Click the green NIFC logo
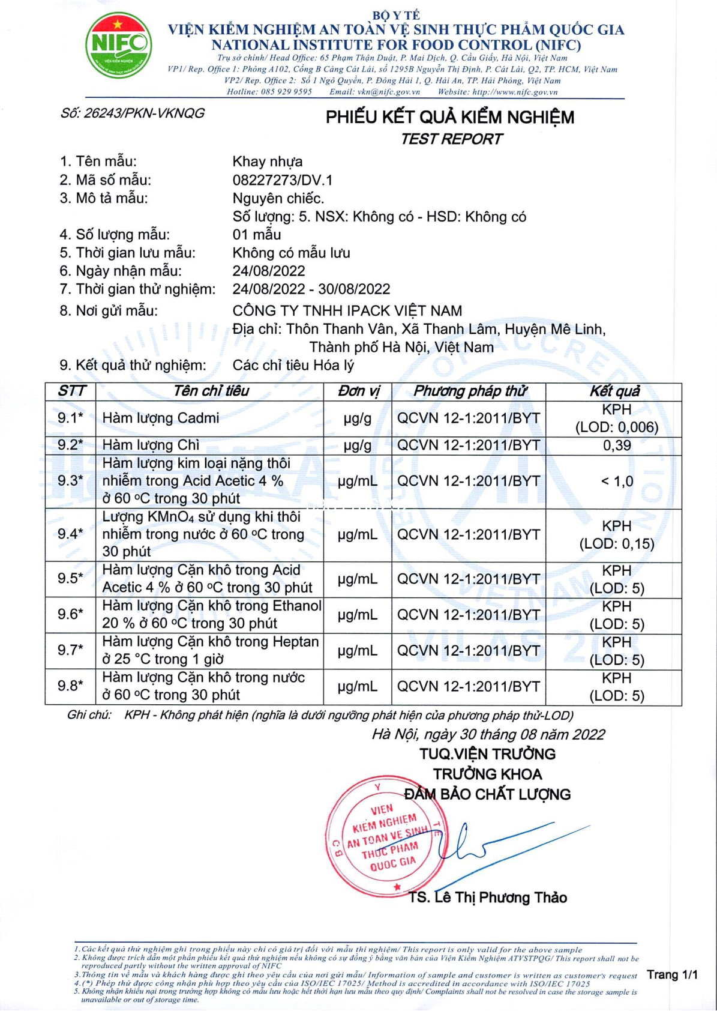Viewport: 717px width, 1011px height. click(118, 46)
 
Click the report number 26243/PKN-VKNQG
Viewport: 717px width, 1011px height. click(133, 113)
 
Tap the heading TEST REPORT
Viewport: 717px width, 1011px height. click(451, 139)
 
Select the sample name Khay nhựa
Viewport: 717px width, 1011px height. click(268, 161)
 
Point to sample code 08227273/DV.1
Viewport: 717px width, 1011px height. click(283, 180)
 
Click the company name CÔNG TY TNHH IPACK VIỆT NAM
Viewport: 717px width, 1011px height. click(347, 311)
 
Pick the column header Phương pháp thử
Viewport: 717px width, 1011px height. click(469, 391)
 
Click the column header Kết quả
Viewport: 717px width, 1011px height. click(614, 391)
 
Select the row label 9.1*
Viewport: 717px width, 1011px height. click(70, 418)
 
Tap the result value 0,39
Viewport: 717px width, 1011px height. click(617, 445)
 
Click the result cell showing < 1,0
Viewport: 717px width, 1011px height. click(617, 481)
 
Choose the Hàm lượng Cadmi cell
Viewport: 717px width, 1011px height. click(161, 418)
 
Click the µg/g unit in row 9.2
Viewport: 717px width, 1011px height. click(358, 445)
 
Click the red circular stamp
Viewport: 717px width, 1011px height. click(382, 834)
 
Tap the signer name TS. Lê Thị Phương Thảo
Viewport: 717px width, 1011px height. click(488, 898)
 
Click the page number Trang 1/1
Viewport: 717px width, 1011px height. click(672, 975)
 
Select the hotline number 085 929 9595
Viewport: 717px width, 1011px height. click(286, 92)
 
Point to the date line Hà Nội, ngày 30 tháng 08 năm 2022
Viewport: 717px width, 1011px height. click(488, 734)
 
